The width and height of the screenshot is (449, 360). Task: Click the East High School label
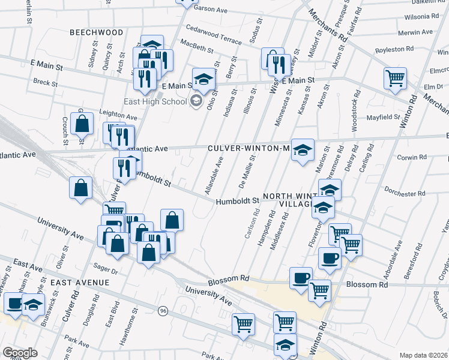click(155, 101)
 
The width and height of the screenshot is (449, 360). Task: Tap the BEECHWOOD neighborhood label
click(96, 32)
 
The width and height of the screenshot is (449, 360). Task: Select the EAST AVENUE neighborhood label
click(80, 282)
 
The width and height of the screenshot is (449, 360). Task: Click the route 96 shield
click(163, 310)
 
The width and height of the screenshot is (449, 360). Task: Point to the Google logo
click(19, 353)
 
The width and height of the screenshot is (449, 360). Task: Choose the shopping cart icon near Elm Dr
click(395, 77)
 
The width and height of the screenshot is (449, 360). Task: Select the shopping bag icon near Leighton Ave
click(82, 124)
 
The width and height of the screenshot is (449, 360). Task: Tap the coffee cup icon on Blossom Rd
click(301, 278)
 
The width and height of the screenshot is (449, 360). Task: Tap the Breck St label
click(45, 83)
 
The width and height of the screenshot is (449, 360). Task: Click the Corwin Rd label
click(412, 157)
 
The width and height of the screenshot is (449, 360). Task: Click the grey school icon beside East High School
click(196, 101)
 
